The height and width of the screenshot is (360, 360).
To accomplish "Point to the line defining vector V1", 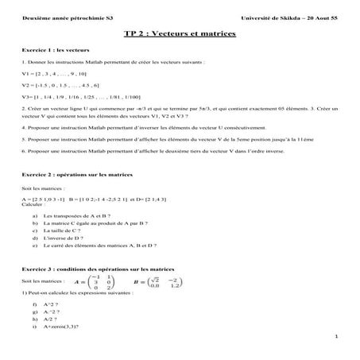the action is point(55,73).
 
